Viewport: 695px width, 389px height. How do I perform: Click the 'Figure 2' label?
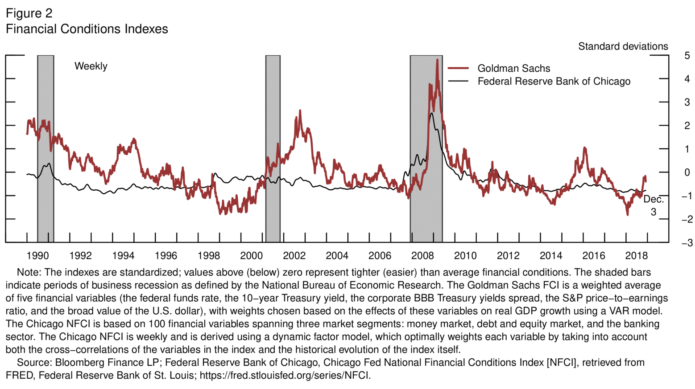tap(29, 13)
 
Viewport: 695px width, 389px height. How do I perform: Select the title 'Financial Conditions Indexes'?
tap(87, 29)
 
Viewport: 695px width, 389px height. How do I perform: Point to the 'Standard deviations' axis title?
tap(623, 46)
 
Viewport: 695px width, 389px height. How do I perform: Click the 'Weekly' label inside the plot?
tap(91, 66)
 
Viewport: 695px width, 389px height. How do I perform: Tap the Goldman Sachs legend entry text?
tap(513, 69)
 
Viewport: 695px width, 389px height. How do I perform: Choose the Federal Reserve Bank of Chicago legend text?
tap(554, 82)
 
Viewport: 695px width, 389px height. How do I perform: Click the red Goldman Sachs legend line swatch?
tap(458, 68)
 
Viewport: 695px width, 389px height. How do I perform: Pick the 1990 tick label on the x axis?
tap(37, 256)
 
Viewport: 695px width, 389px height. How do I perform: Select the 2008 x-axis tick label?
tap(422, 256)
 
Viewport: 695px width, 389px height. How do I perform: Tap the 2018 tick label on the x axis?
tap(636, 256)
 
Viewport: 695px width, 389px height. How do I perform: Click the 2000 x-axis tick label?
tap(251, 256)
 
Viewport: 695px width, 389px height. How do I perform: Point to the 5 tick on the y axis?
tap(687, 56)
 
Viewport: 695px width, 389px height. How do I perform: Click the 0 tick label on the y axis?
tap(687, 172)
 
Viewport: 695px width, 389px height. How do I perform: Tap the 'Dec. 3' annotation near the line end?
tap(654, 205)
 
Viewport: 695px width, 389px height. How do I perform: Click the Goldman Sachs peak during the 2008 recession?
tap(437, 60)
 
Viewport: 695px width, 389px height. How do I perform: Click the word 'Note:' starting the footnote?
tap(29, 272)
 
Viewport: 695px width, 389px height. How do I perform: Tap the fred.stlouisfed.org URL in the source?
tap(285, 375)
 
